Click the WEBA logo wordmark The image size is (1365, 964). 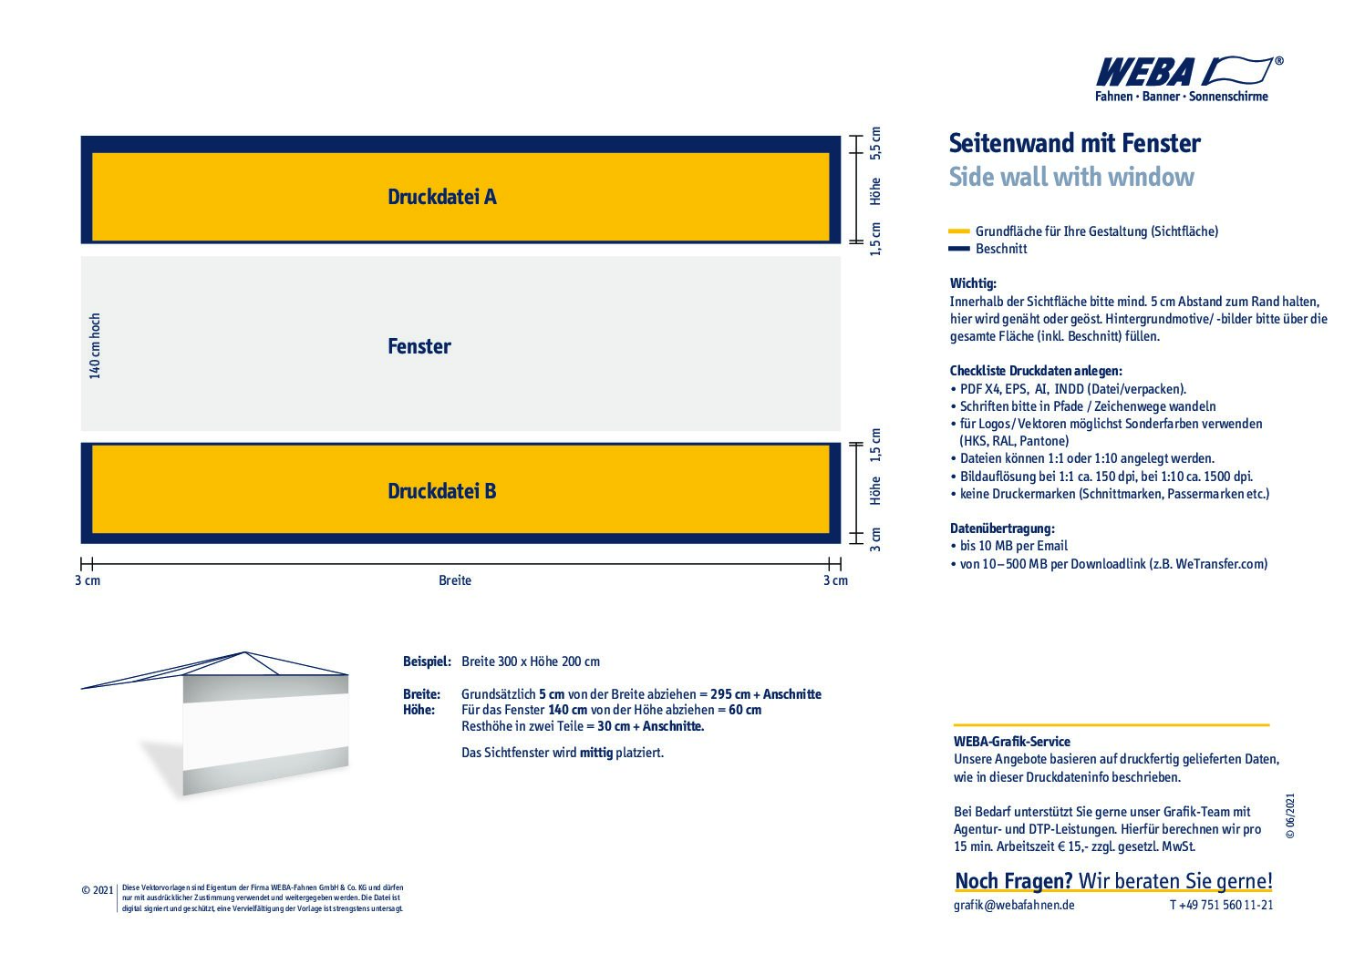1145,72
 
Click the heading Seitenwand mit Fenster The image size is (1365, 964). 1074,144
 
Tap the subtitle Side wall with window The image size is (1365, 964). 1070,177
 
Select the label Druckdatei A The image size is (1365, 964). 441,197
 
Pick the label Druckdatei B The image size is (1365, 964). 441,491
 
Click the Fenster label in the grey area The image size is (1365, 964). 419,346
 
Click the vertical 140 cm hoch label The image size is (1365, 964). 95,345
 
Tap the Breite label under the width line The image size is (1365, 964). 454,580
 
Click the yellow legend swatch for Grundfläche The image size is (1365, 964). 958,231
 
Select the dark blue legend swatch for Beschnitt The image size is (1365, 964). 958,249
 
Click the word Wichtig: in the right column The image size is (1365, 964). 973,283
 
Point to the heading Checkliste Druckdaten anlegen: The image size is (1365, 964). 1036,371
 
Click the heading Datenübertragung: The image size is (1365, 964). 1002,528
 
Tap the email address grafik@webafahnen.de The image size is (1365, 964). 1013,905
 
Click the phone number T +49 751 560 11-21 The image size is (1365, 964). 1221,905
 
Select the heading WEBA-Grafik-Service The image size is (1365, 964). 1011,742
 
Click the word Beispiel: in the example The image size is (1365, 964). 427,661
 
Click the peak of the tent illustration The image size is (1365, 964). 244,652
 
